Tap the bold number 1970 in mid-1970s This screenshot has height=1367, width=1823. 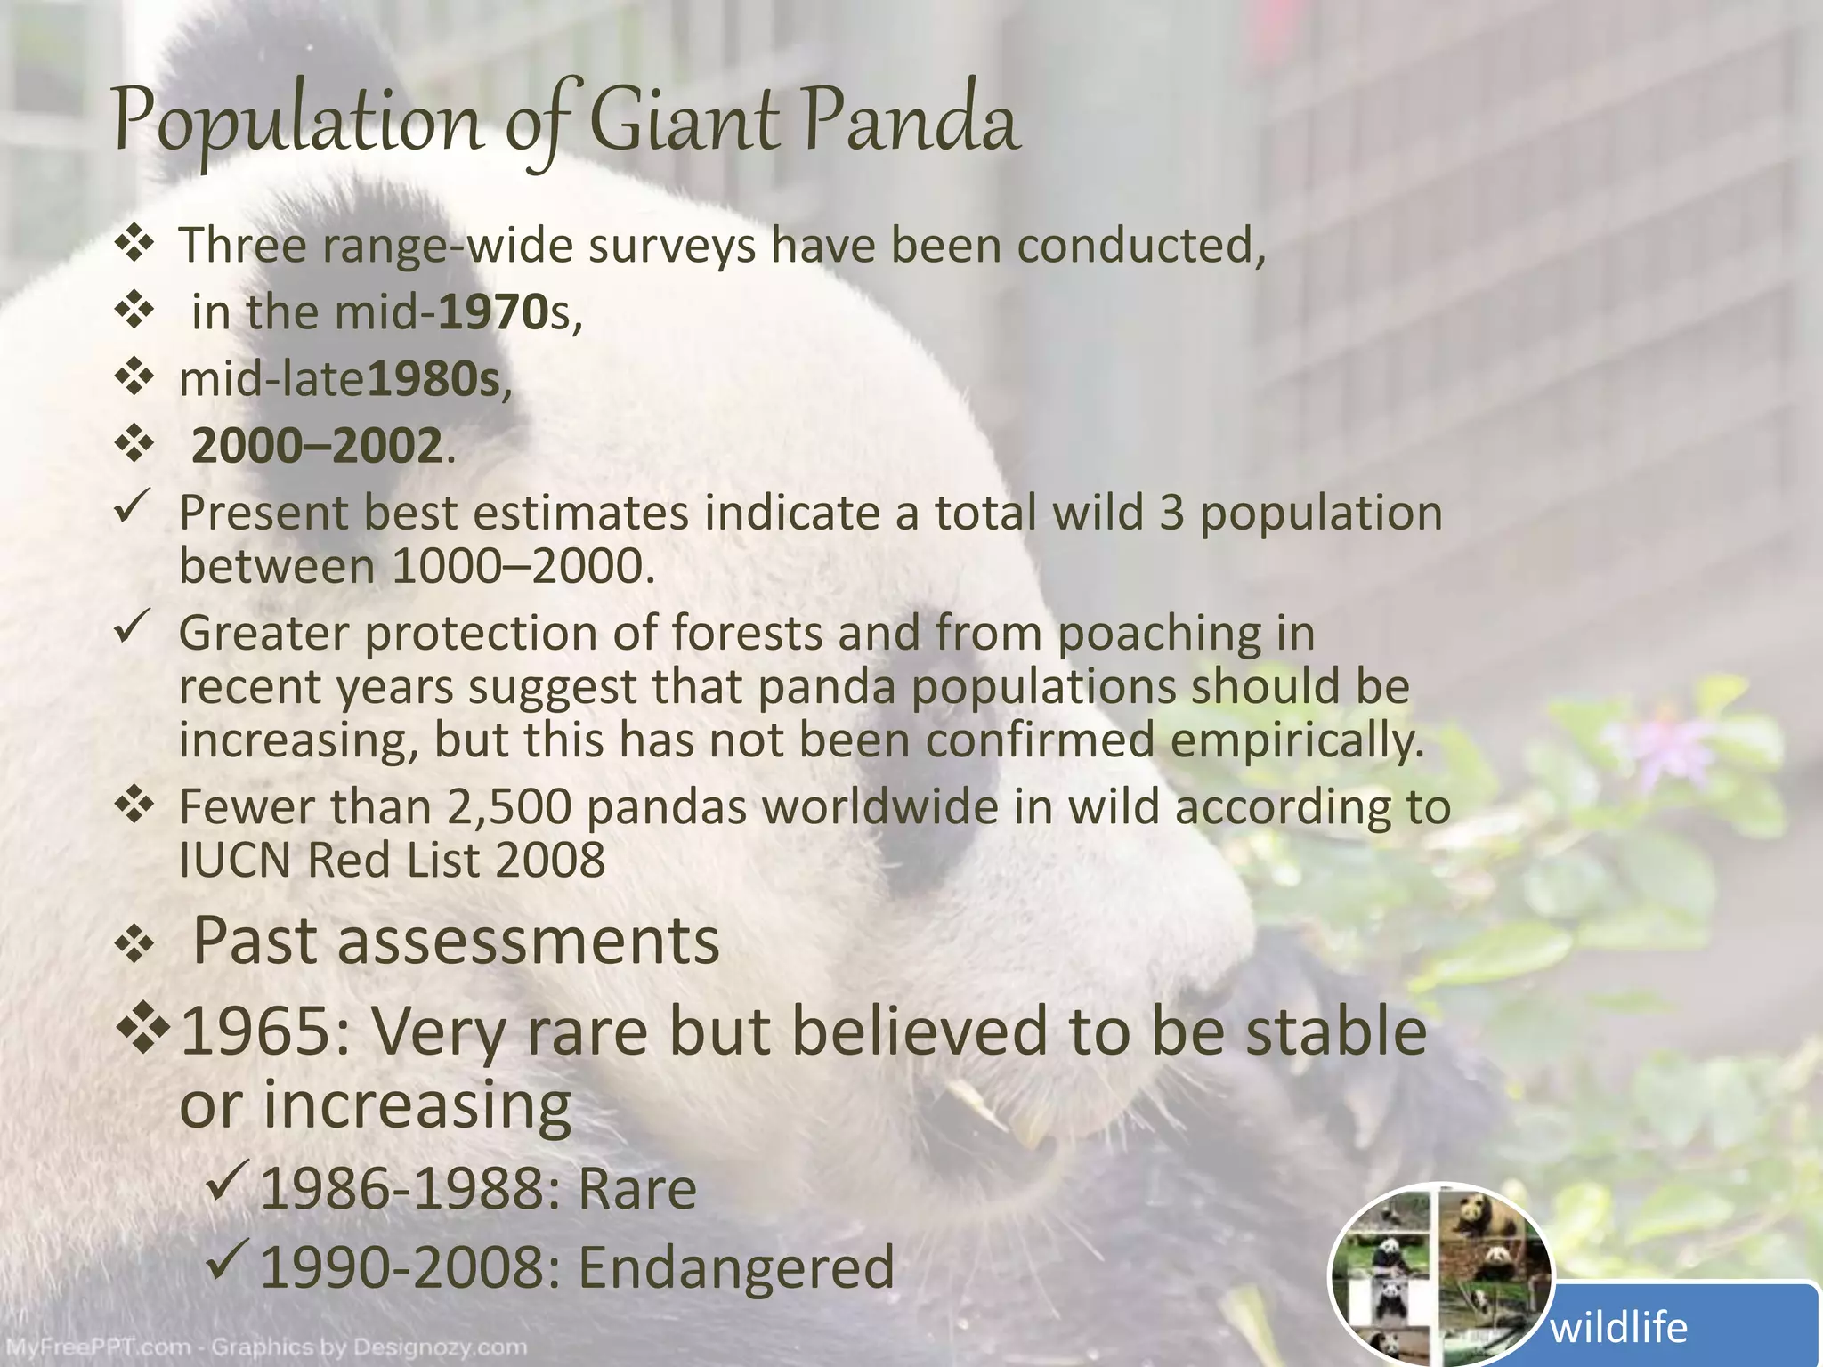493,312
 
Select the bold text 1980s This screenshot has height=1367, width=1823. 433,380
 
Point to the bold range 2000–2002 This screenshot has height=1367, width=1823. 317,446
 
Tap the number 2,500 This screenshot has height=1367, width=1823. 508,807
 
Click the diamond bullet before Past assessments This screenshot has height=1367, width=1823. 134,945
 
